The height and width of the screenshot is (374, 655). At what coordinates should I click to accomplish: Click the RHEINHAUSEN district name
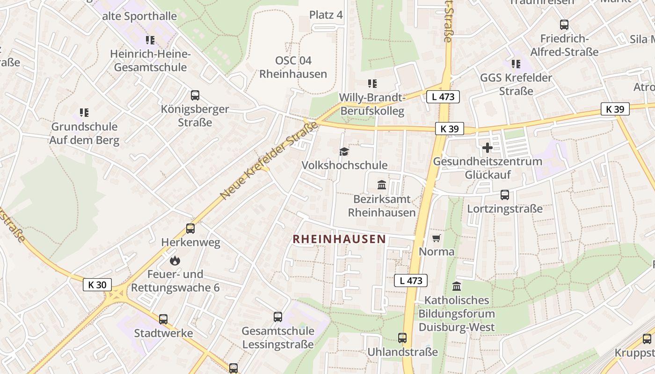coord(339,239)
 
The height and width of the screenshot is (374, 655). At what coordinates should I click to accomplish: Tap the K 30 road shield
coord(97,285)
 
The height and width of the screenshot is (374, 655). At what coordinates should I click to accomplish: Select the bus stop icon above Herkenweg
coord(190,229)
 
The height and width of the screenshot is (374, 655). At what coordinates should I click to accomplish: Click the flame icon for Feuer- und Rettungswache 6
coord(175,260)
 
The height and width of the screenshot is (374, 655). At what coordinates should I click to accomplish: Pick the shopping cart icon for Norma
coord(437,238)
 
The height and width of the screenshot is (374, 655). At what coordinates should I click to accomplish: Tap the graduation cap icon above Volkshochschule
coord(344,151)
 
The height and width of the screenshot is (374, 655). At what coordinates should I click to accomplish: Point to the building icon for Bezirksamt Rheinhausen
coord(382,185)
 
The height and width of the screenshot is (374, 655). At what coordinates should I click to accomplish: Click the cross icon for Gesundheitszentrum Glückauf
coord(488,148)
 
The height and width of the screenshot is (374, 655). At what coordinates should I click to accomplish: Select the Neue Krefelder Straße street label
coord(269,160)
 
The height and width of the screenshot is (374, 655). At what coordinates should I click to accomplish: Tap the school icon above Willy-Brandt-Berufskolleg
coord(372,84)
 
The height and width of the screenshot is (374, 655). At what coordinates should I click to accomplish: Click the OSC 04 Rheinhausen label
coord(293,67)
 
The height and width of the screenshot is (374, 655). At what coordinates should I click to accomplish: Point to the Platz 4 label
coord(326,15)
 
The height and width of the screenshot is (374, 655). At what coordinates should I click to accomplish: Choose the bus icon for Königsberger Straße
coord(195,95)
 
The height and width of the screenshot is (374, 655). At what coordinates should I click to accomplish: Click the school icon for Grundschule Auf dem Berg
coord(84,113)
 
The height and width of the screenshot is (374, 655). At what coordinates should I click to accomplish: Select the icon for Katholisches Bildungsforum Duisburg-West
coord(457,286)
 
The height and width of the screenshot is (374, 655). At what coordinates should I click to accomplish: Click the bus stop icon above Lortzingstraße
coord(505,195)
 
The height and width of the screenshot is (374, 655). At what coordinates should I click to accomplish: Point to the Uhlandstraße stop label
coord(403,352)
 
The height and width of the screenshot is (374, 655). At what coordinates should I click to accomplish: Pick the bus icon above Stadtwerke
coord(163,319)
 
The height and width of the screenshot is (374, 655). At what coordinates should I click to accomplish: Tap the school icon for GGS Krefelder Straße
coord(516,64)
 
